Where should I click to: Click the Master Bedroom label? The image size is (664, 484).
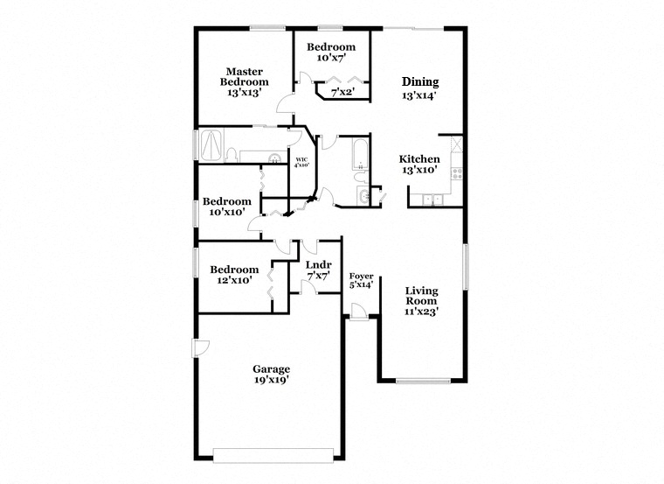click(245, 77)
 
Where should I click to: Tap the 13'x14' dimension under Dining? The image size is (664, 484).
click(419, 96)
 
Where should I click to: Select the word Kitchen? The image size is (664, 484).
click(419, 159)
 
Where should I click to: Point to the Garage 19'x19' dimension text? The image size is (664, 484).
click(272, 380)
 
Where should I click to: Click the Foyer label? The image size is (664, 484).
click(361, 277)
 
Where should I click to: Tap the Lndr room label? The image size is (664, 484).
click(318, 265)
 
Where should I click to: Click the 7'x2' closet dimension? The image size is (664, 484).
click(342, 91)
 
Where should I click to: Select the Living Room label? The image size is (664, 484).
click(421, 296)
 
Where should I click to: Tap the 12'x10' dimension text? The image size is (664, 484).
click(235, 280)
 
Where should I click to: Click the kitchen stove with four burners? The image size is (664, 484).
click(457, 173)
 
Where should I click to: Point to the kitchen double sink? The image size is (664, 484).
click(432, 200)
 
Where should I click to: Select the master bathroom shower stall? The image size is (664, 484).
click(211, 145)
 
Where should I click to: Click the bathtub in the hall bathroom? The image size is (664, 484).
click(360, 153)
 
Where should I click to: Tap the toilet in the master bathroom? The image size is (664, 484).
click(232, 155)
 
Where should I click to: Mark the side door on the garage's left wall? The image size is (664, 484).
click(200, 347)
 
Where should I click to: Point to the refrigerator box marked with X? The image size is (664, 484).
click(456, 144)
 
